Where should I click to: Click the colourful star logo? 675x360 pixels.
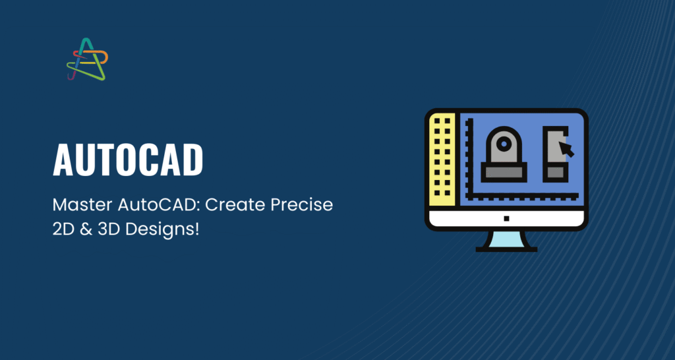click(x=88, y=59)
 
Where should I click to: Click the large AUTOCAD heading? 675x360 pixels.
click(x=128, y=160)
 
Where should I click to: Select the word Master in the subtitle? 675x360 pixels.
click(x=82, y=205)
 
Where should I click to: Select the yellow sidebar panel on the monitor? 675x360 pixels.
click(x=442, y=160)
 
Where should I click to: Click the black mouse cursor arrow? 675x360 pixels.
click(x=566, y=149)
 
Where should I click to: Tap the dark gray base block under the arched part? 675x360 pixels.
click(x=504, y=172)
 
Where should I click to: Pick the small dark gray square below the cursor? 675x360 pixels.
click(x=555, y=172)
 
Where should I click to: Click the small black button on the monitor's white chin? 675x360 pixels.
click(x=507, y=218)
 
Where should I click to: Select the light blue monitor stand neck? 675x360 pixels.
click(x=506, y=239)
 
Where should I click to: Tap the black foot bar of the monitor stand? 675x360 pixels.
click(x=506, y=249)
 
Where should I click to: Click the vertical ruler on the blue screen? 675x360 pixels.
click(x=469, y=157)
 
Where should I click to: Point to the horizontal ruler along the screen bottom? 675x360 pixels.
click(x=523, y=196)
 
